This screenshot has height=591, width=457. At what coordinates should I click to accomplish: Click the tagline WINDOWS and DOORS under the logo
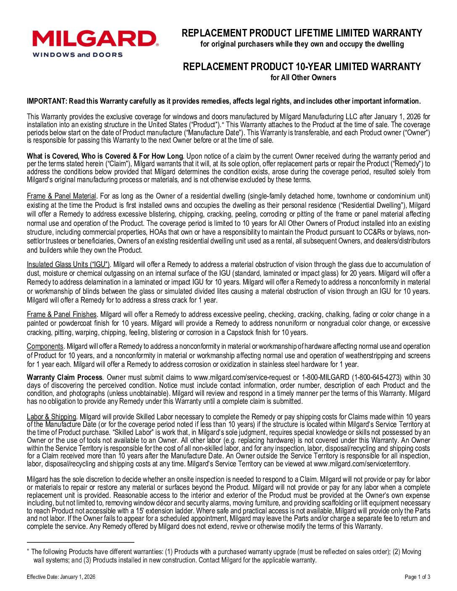[78, 55]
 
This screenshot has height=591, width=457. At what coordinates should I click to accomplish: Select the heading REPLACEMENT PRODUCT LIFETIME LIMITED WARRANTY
[302, 33]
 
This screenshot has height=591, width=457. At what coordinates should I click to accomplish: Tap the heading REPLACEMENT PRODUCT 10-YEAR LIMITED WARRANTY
[302, 67]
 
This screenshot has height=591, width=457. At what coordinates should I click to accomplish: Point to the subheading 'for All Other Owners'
[302, 78]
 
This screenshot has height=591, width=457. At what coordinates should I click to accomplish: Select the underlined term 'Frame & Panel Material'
[62, 196]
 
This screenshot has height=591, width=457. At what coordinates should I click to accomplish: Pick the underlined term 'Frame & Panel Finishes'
[62, 314]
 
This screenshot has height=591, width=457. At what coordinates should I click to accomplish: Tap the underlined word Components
[45, 346]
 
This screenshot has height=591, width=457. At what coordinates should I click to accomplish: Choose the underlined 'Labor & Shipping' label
[51, 417]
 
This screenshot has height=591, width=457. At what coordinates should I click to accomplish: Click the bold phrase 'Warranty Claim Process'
[64, 377]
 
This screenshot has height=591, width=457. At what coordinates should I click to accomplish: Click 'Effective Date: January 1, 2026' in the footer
[61, 577]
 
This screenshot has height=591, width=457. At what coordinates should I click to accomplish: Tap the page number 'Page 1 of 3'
[417, 577]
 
